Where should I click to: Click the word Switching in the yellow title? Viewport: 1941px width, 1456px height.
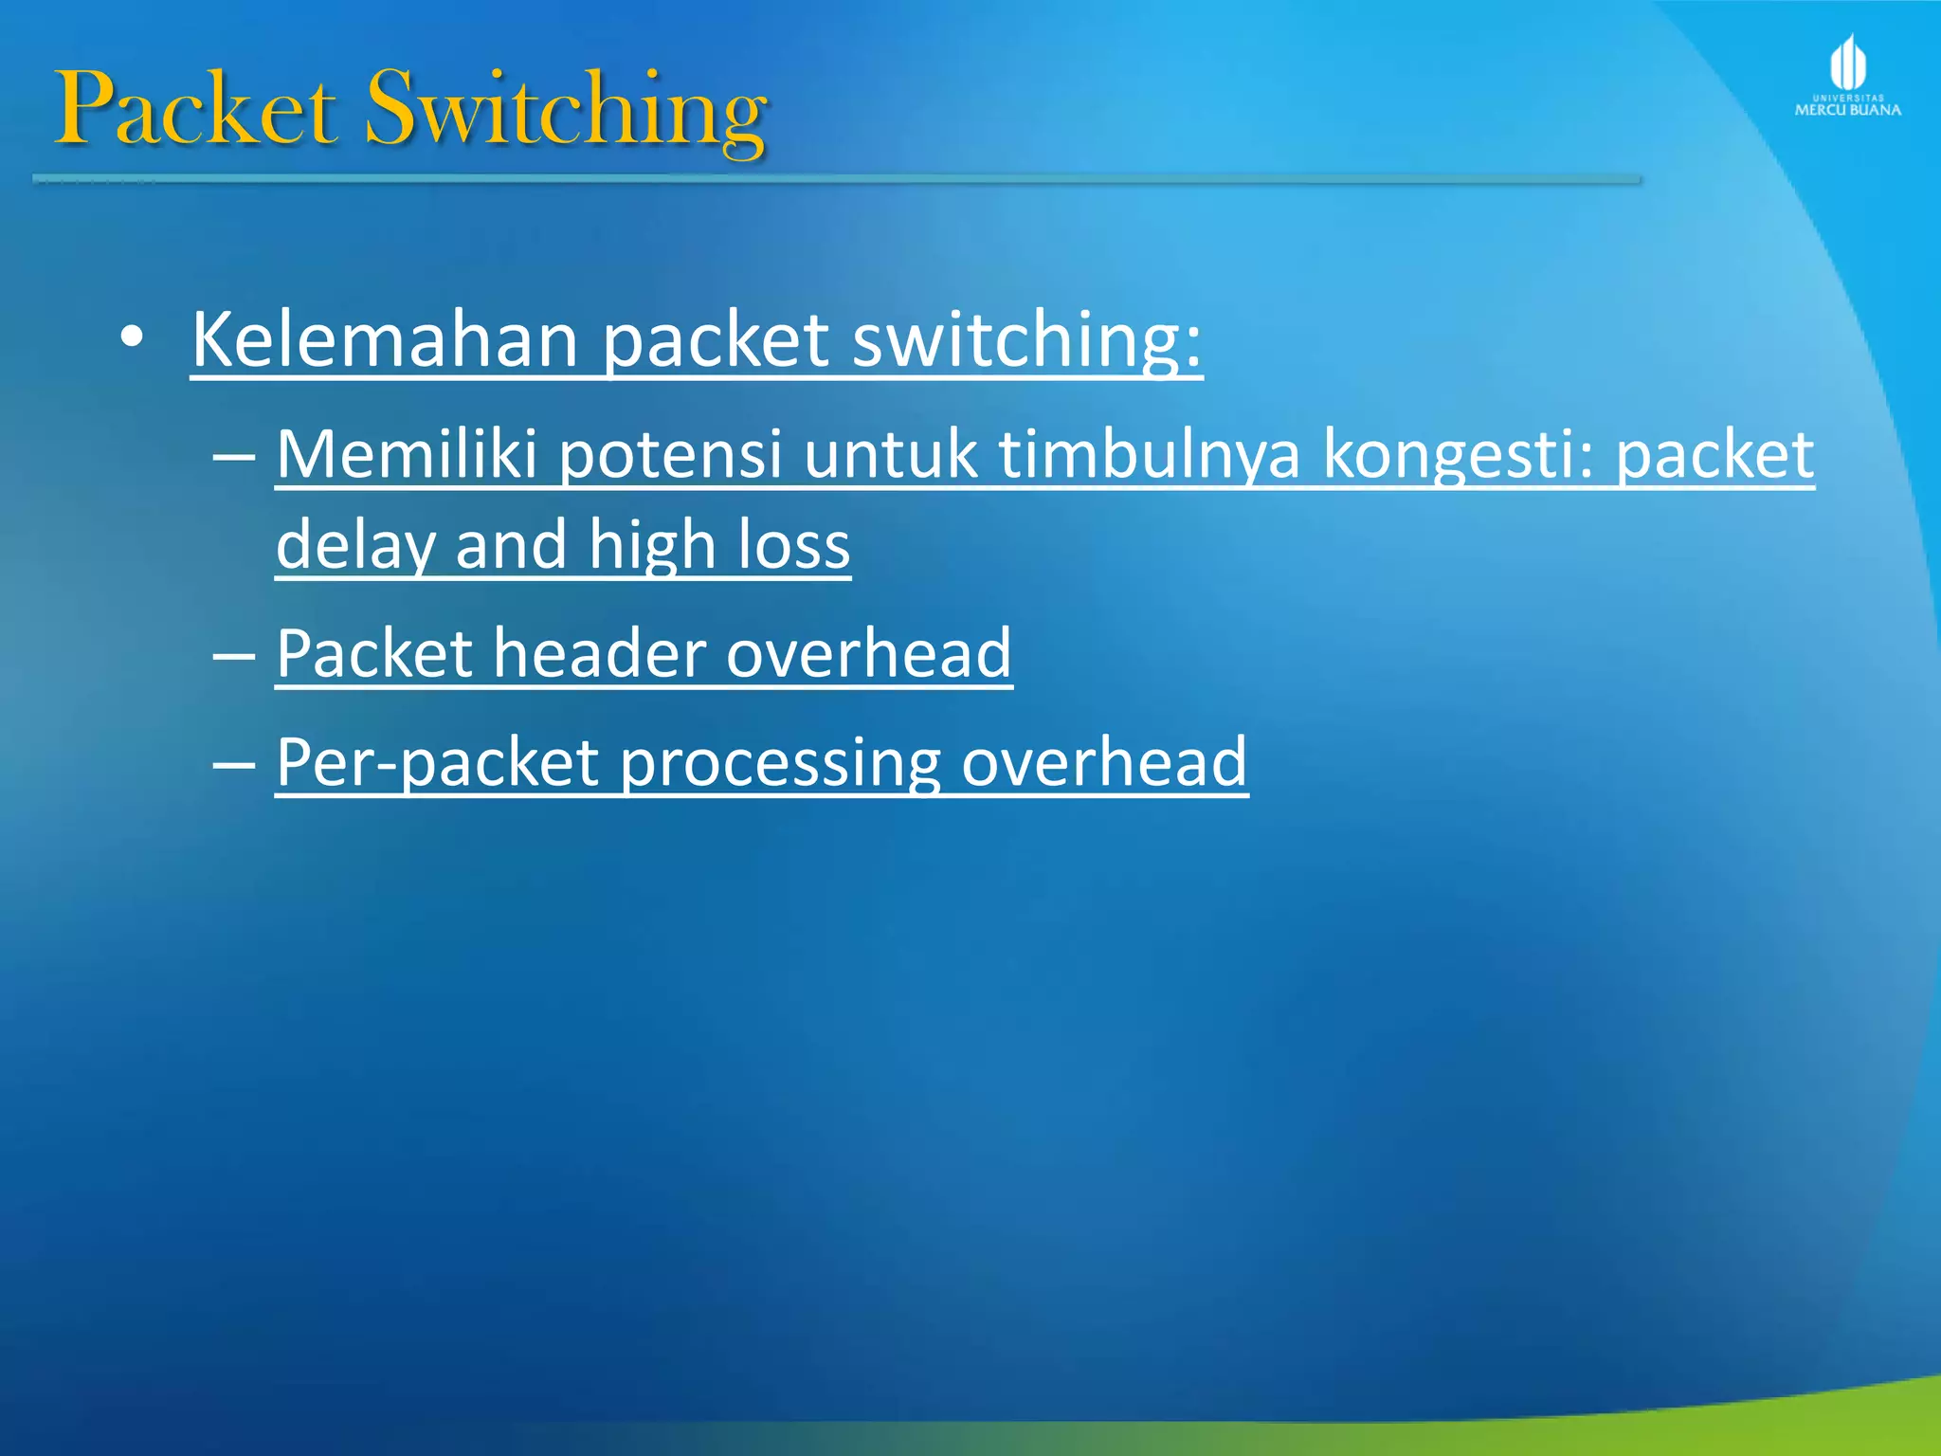click(566, 111)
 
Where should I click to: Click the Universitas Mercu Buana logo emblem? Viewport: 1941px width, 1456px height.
click(1847, 64)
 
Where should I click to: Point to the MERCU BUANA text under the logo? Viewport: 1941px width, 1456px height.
click(1847, 110)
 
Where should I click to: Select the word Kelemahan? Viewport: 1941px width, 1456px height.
click(385, 339)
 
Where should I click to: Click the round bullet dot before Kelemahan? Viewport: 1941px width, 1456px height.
click(133, 337)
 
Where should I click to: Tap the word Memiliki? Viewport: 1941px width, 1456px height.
click(407, 454)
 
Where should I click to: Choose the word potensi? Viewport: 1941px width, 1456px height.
click(670, 454)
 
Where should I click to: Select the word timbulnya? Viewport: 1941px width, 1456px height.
click(1150, 454)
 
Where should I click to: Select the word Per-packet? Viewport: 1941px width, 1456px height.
click(437, 762)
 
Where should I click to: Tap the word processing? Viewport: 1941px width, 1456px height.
click(780, 762)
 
